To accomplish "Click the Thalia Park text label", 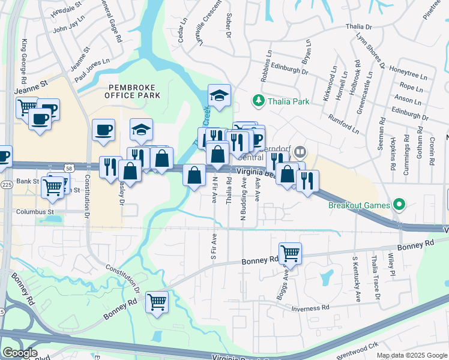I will click(289, 101).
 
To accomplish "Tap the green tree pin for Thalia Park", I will click(258, 100).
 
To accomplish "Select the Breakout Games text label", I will click(360, 205).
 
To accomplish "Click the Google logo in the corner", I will click(19, 353).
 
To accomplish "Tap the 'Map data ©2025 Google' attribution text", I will click(411, 355).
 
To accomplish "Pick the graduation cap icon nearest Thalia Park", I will click(219, 95).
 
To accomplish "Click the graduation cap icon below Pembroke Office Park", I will click(141, 129).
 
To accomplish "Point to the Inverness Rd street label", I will click(310, 308).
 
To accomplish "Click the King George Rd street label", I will click(24, 61).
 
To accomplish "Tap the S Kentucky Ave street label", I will click(357, 279).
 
